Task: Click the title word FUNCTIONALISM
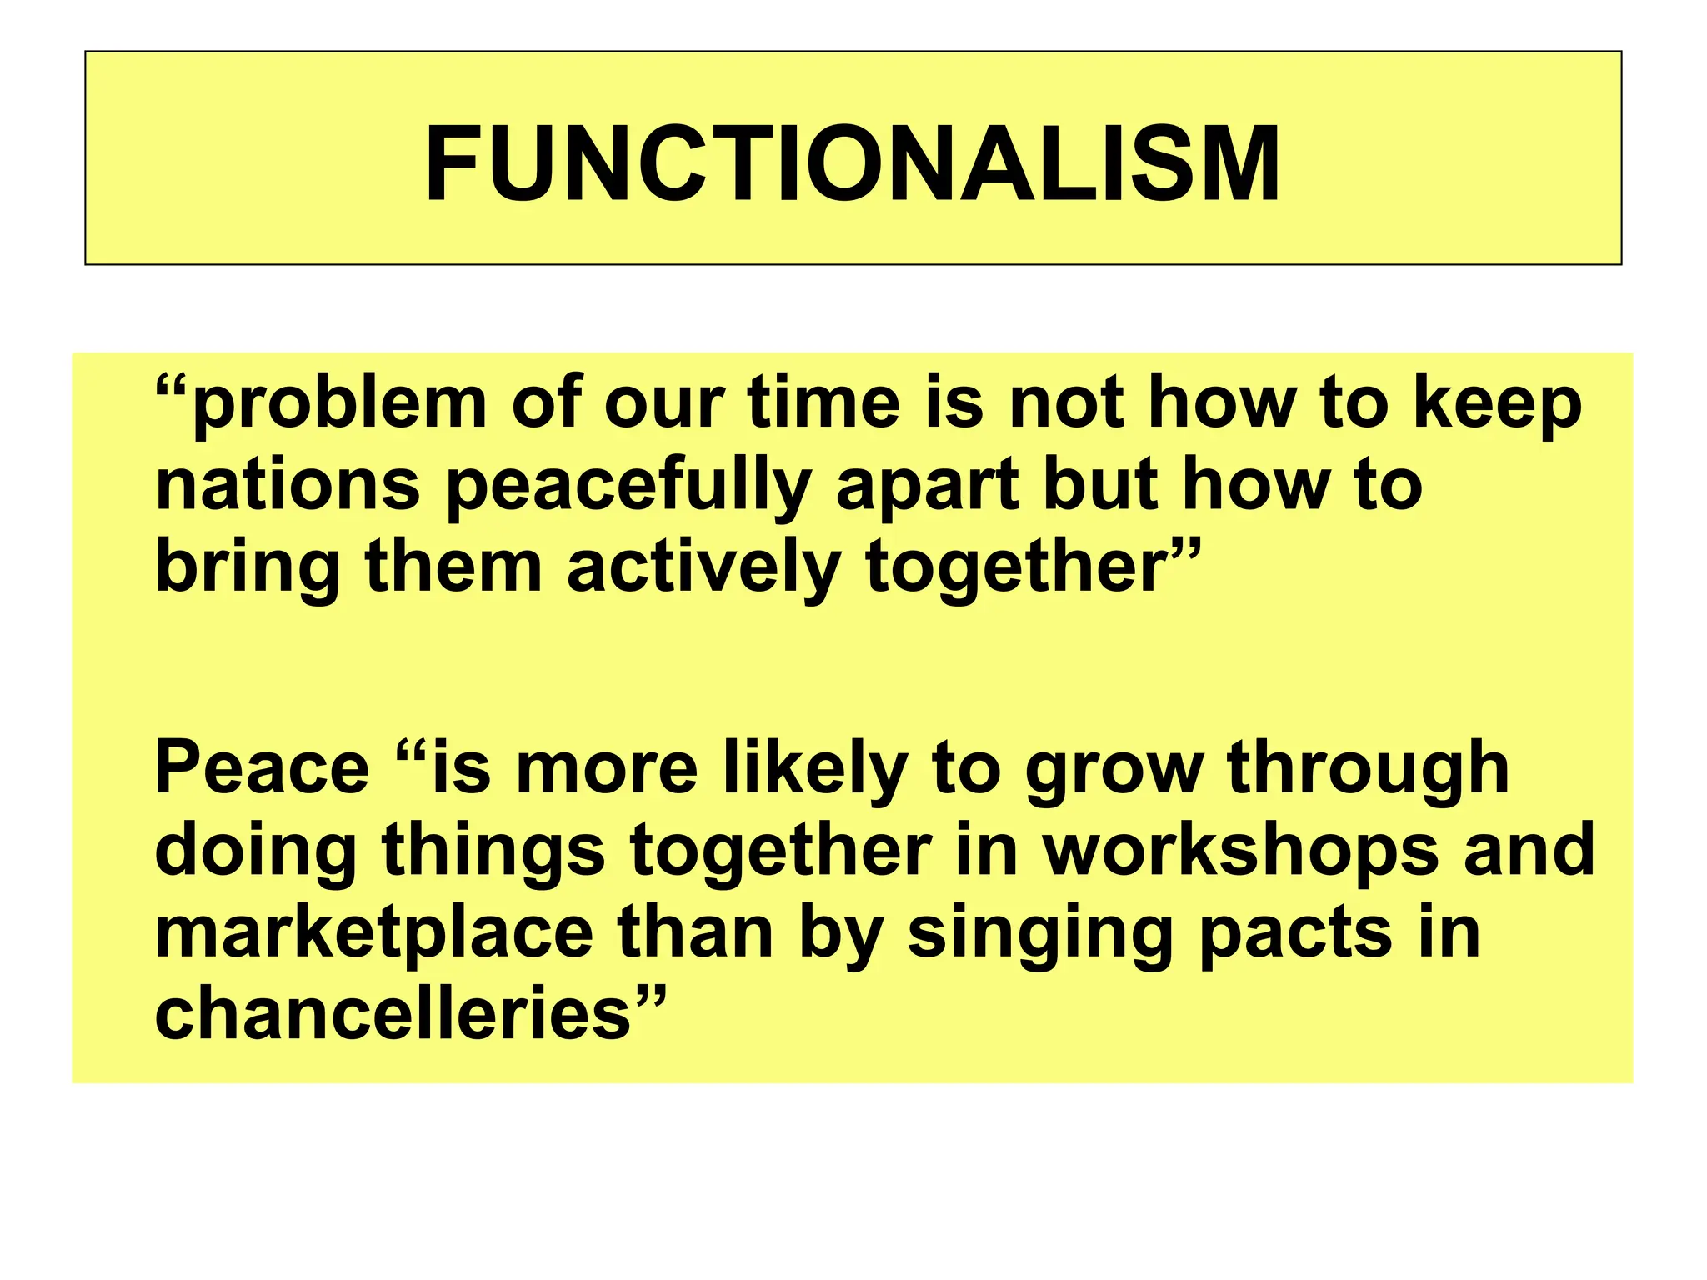coord(853,163)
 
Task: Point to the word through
coord(1368,770)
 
